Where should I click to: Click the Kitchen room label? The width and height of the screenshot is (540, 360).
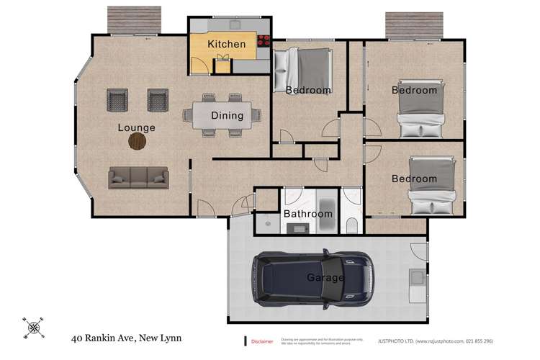tap(226, 45)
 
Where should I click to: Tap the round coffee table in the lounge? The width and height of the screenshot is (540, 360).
tap(137, 142)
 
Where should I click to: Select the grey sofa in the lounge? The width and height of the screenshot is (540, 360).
tap(138, 178)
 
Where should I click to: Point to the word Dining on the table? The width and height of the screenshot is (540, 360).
tap(227, 115)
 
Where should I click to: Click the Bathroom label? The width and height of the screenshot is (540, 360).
tap(307, 214)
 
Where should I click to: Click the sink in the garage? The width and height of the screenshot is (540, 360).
tap(415, 278)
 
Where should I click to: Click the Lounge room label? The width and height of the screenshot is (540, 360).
tap(137, 127)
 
